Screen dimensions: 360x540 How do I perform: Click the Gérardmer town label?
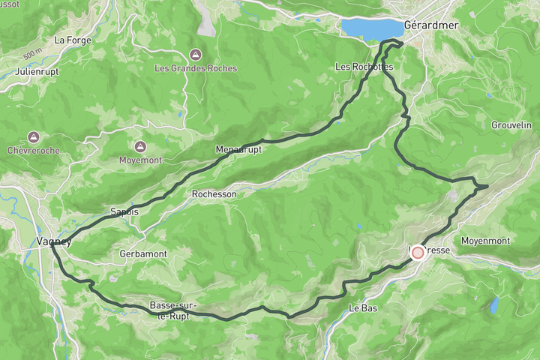(x=430, y=25)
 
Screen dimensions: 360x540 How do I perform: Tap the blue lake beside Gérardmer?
(x=370, y=28)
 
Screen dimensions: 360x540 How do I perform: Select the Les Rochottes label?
(x=364, y=67)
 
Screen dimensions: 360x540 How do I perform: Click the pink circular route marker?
(x=418, y=253)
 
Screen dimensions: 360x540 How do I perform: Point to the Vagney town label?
(x=54, y=241)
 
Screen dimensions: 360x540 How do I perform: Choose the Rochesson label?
(x=214, y=193)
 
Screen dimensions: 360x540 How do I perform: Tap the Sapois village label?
(x=124, y=211)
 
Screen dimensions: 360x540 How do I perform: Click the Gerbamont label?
(x=142, y=254)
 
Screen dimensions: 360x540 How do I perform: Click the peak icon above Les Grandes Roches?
(x=195, y=55)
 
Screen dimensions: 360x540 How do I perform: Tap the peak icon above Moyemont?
(x=139, y=147)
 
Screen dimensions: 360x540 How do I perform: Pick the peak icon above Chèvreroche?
(x=33, y=137)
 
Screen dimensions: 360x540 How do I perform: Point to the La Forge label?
(x=73, y=40)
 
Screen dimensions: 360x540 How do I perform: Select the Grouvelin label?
(x=511, y=124)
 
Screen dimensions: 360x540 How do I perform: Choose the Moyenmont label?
(x=484, y=241)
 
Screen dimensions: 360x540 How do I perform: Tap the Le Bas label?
(x=364, y=308)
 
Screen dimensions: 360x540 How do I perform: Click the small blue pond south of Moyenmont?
(x=494, y=304)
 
